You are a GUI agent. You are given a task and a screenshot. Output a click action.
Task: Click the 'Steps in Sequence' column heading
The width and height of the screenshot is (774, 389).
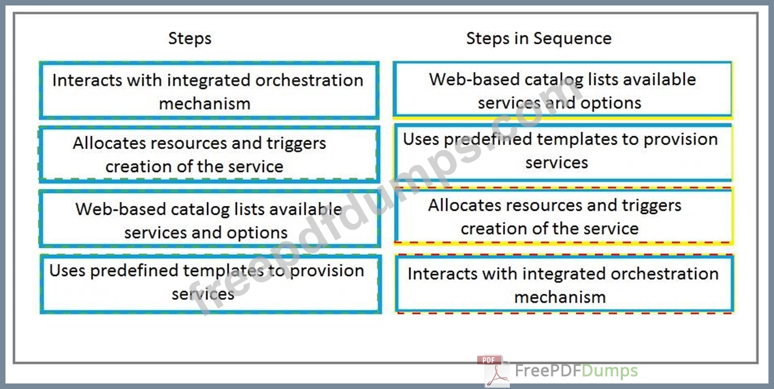(x=538, y=39)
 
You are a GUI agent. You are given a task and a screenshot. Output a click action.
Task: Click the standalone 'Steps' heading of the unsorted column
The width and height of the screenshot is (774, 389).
(x=189, y=39)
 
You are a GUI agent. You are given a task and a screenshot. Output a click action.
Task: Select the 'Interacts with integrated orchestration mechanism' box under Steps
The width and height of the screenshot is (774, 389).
(x=209, y=90)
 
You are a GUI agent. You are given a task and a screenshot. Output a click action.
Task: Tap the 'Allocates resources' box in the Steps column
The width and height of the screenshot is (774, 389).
(x=209, y=154)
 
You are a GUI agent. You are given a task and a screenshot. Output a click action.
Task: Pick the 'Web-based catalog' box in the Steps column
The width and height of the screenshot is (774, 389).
(x=209, y=219)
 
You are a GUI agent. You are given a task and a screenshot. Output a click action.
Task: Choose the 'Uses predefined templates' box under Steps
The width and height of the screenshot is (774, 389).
(x=211, y=284)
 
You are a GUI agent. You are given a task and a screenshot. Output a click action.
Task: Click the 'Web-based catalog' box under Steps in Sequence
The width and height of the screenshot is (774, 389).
(x=562, y=89)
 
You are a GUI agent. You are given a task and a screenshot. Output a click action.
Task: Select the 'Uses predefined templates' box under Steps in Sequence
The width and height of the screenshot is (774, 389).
(x=563, y=152)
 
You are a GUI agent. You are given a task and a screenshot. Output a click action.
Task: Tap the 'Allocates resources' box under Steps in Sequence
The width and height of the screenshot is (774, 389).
(x=563, y=216)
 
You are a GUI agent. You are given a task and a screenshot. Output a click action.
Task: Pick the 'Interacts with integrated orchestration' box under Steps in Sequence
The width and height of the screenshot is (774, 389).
(x=565, y=284)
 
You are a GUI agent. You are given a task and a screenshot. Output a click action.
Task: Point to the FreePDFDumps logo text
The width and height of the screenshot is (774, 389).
(x=576, y=371)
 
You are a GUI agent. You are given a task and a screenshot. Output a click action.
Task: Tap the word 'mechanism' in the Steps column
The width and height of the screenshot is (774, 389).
(x=204, y=103)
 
